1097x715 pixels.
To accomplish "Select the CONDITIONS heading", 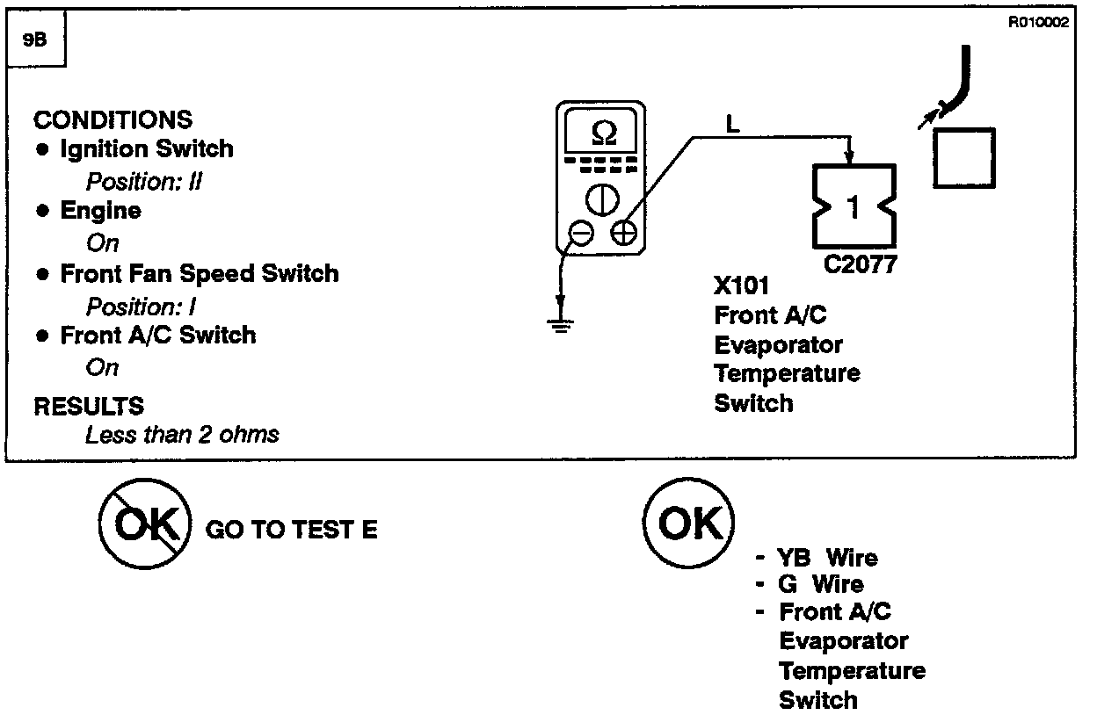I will point(113,119).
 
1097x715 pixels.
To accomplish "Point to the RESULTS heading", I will point(89,406).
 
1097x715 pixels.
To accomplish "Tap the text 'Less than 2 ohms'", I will point(182,434).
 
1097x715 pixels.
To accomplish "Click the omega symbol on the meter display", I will point(605,134).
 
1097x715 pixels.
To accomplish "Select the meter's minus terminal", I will point(581,233).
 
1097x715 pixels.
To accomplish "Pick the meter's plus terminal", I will point(623,233).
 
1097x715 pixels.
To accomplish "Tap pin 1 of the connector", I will point(853,207).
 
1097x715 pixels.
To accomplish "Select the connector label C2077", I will point(861,264).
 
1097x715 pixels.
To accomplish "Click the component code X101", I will point(742,286).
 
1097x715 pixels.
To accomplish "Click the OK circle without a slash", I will point(689,524).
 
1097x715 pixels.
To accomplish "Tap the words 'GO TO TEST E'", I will point(291,530).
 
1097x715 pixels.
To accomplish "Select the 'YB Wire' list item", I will point(826,558).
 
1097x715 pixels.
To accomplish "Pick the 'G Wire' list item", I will point(821,584).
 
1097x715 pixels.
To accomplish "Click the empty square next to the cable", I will point(964,159).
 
